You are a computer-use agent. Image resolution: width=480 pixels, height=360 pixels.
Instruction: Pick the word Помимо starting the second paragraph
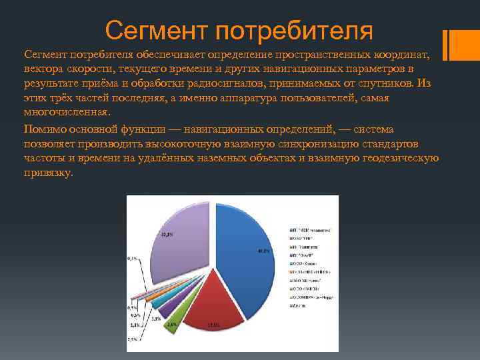[x=45, y=129]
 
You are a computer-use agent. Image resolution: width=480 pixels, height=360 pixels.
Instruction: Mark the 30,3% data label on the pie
[x=167, y=234]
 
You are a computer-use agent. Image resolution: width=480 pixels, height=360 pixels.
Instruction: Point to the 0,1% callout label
[x=133, y=258]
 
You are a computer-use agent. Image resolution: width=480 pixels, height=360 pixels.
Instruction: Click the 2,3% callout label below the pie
[x=133, y=340]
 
